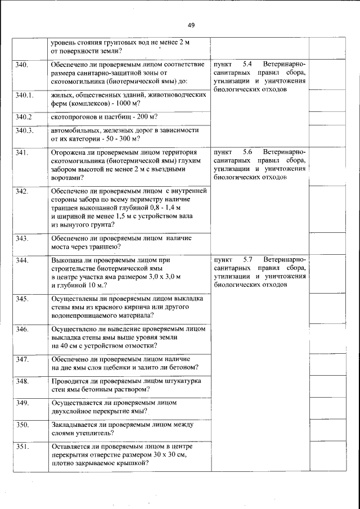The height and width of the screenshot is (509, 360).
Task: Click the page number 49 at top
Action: [x=191, y=25]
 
